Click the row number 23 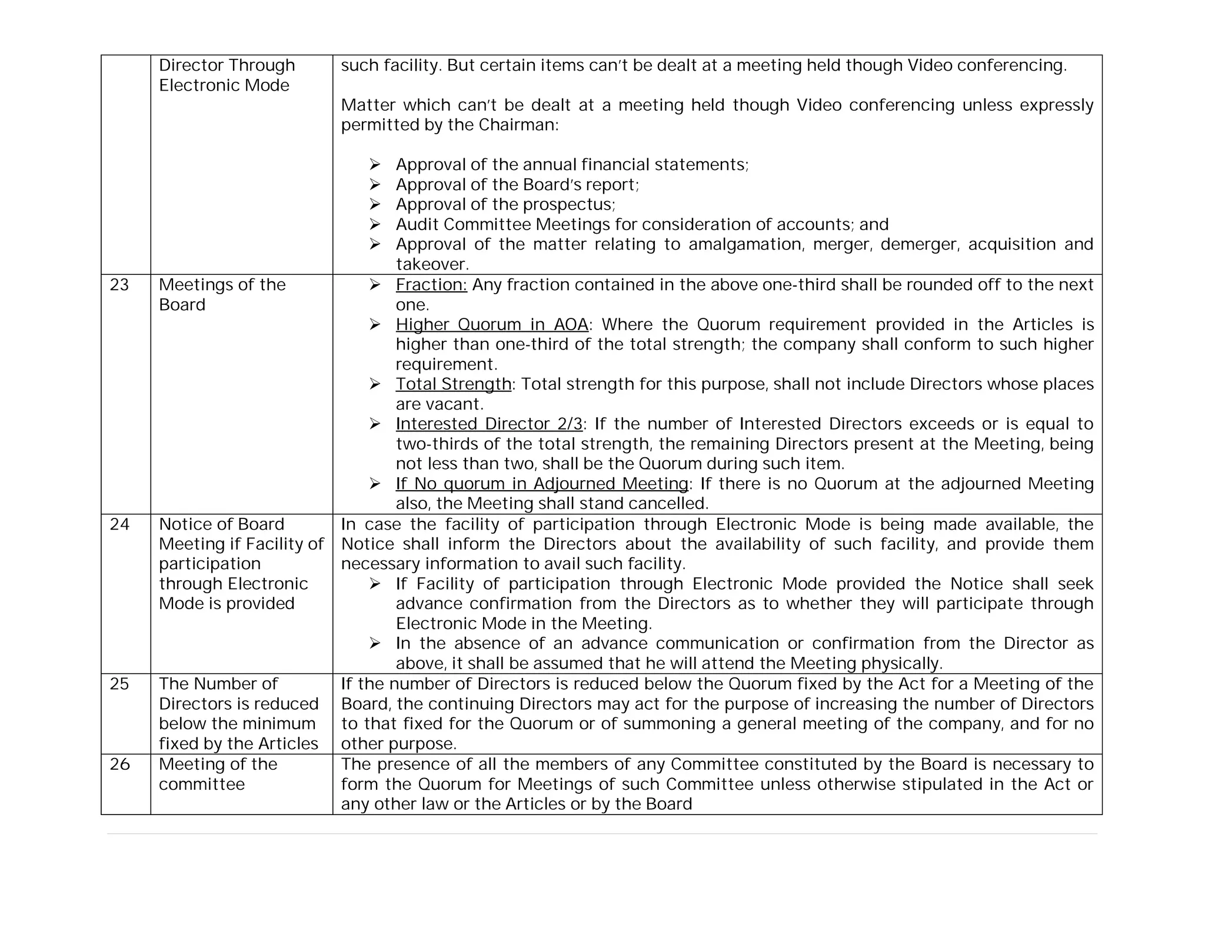pos(119,285)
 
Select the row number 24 pos(119,524)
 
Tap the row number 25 pos(119,684)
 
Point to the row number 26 pos(119,764)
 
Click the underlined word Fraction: pos(431,285)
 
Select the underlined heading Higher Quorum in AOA pos(492,325)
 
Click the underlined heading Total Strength pos(454,384)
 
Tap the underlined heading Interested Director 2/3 pos(489,424)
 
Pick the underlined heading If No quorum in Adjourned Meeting pos(542,484)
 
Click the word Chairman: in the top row pos(518,125)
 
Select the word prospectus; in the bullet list pos(569,205)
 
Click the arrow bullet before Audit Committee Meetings pos(375,225)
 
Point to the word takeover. pos(432,264)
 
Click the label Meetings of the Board pos(222,295)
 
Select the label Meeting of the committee pos(218,774)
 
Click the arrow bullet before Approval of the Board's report pos(375,185)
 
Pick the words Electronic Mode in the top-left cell pos(224,86)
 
